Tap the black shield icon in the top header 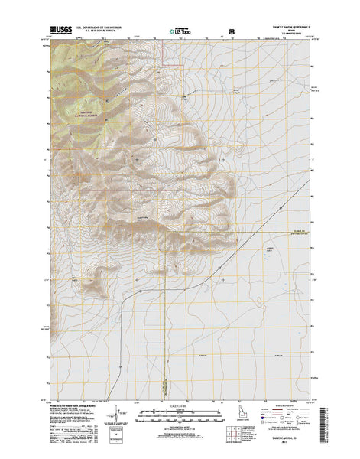232,32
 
